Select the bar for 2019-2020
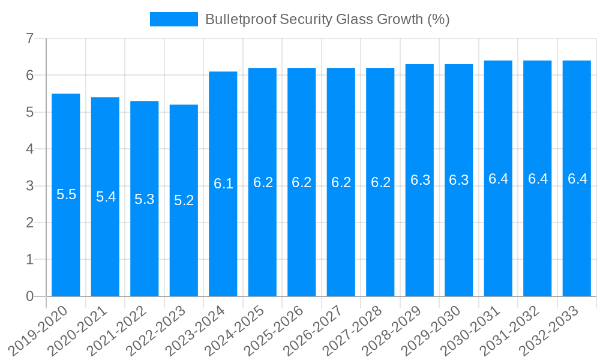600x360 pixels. coord(66,240)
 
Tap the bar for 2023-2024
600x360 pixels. coord(223,240)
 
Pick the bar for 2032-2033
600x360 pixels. coord(577,240)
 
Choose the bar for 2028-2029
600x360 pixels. coord(419,240)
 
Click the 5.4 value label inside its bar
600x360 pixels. coord(106,197)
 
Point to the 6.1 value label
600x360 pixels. coord(223,184)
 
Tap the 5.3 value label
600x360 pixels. coord(145,199)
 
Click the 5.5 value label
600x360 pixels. coord(66,194)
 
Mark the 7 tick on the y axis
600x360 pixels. coord(29,39)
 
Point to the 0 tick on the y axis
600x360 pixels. coord(29,296)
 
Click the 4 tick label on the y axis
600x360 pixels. coord(29,149)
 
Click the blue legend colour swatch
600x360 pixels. coord(173,19)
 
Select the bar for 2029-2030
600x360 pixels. coord(459,240)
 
